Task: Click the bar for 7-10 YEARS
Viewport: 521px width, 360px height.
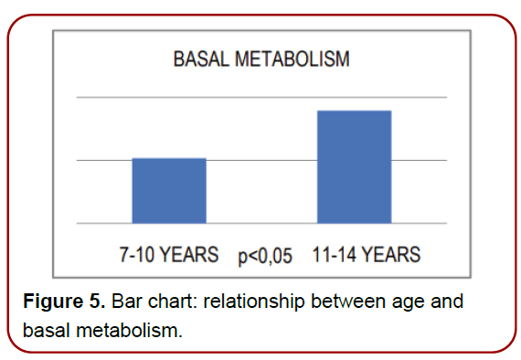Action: coord(169,190)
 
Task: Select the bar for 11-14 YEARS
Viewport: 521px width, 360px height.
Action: coord(354,166)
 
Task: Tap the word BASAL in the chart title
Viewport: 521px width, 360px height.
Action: coord(201,60)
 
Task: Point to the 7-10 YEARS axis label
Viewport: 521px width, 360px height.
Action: coord(168,254)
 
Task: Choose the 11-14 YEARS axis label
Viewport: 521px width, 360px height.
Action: coord(366,254)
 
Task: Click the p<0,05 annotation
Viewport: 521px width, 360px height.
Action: coord(265,256)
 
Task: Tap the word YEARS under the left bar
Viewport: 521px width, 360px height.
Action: coord(189,254)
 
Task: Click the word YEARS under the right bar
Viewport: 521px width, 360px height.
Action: coord(390,254)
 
